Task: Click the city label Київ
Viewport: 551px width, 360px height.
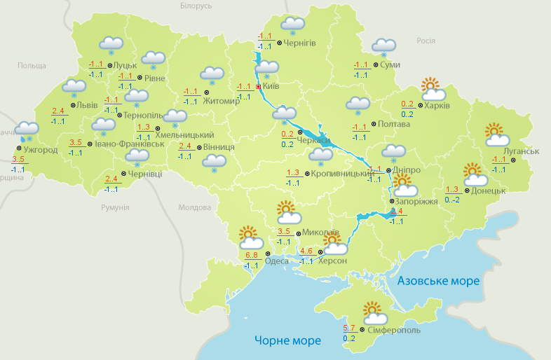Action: (271, 87)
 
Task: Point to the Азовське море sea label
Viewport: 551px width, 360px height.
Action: (438, 281)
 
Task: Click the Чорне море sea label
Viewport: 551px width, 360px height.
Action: (287, 341)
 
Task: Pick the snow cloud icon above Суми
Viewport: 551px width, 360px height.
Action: (383, 47)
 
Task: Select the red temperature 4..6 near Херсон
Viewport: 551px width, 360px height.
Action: (306, 251)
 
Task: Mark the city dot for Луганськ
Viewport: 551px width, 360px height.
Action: (512, 160)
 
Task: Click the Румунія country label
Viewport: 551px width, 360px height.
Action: (115, 207)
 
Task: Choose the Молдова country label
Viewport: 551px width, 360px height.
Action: (194, 207)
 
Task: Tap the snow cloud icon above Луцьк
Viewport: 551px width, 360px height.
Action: (111, 45)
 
